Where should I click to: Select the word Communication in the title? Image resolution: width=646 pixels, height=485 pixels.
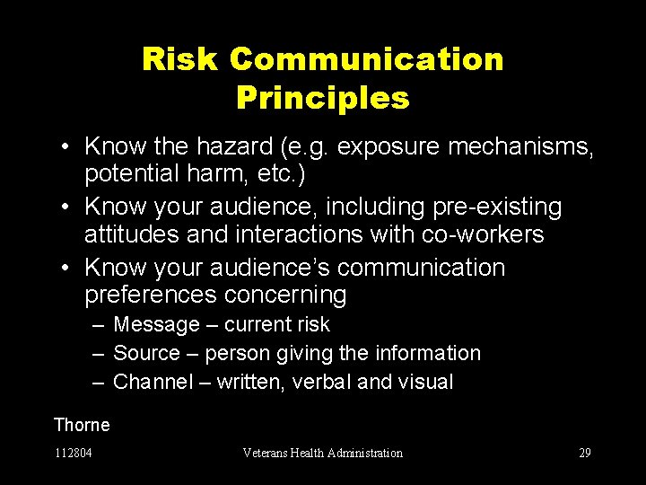[366, 60]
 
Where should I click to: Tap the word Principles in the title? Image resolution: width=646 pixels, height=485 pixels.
[323, 98]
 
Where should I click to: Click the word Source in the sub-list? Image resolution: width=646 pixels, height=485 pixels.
[147, 353]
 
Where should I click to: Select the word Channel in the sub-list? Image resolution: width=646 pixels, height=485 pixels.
[153, 382]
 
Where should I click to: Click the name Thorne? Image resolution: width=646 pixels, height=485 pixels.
[82, 425]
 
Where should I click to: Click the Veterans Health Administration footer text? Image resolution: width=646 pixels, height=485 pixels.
[323, 453]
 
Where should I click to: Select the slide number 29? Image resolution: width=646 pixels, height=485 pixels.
[584, 453]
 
